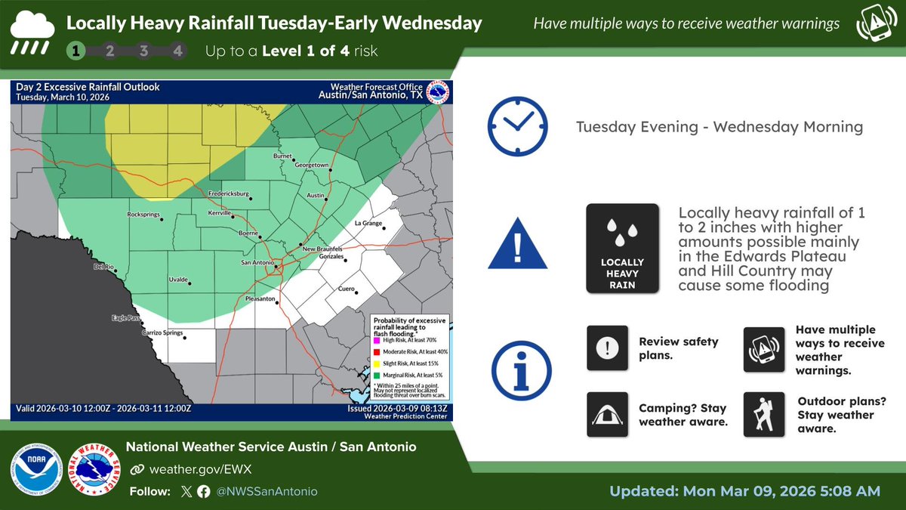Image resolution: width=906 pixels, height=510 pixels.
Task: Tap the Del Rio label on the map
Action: [103, 267]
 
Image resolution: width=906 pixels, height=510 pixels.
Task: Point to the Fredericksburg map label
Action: [228, 193]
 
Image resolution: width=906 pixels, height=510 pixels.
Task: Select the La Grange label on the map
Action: [369, 224]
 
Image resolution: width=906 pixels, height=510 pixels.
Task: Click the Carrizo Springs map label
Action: [163, 332]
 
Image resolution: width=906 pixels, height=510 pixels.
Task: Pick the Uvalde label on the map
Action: [177, 280]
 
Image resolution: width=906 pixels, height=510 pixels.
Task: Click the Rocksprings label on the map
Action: [146, 215]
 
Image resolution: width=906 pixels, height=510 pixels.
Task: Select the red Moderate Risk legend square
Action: [376, 351]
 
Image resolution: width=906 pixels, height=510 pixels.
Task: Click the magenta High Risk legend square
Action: [376, 339]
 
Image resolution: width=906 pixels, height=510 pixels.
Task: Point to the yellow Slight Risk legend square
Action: [376, 363]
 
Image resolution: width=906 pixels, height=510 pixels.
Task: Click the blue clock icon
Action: [517, 125]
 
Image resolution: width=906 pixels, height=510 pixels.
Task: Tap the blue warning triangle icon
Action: [517, 243]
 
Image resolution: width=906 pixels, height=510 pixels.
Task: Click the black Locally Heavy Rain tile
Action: [623, 248]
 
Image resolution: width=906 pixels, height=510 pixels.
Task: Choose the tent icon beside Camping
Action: [607, 414]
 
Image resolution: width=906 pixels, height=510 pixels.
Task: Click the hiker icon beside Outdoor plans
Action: [764, 413]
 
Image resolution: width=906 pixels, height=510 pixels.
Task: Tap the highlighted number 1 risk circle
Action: [76, 51]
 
